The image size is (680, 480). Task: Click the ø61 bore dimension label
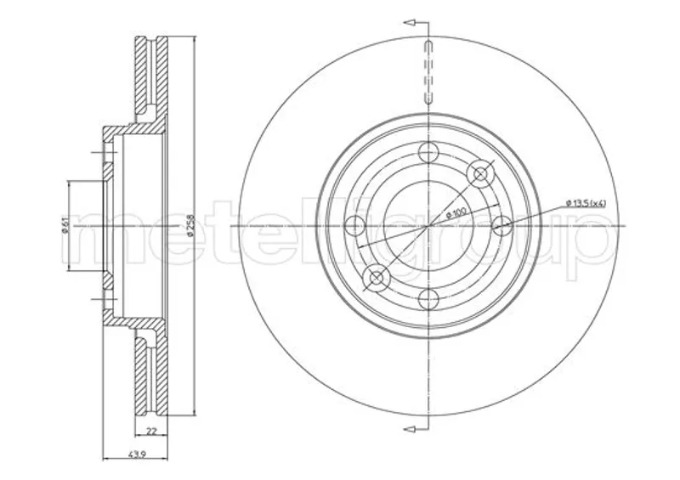coord(64,226)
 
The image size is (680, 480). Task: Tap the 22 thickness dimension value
coord(151,432)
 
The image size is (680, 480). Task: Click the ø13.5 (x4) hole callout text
coord(586,202)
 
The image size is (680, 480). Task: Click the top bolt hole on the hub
coord(428,153)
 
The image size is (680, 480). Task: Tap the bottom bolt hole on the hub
coord(428,299)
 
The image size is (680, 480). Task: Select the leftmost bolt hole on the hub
coord(354,225)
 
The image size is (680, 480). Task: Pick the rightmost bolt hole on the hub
coord(501,225)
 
